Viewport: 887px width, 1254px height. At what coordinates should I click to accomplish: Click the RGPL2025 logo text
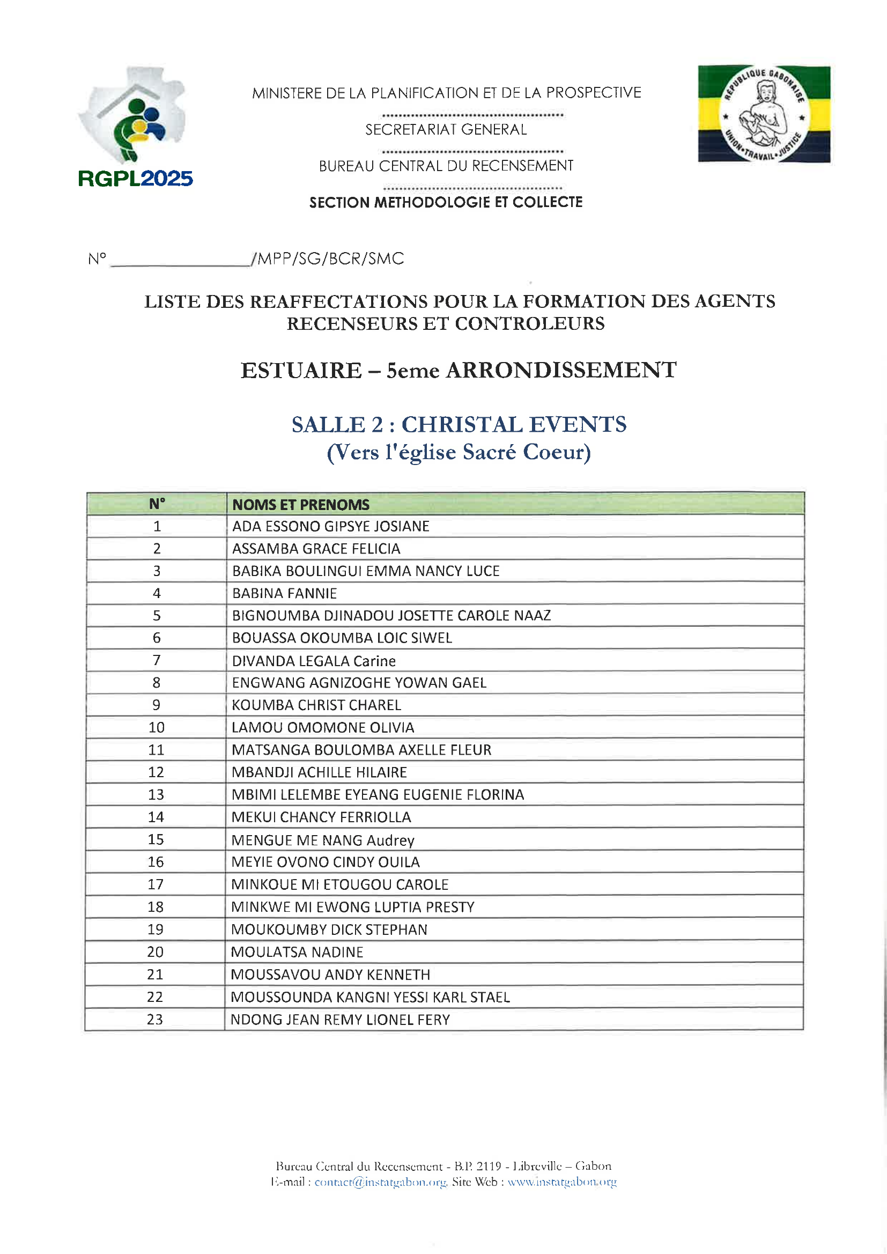(136, 179)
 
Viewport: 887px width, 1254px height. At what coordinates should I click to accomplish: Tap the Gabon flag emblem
(764, 114)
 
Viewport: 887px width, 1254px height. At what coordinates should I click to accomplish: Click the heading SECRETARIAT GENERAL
(446, 129)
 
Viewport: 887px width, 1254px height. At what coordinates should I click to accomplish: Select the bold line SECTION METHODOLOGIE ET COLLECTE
(446, 202)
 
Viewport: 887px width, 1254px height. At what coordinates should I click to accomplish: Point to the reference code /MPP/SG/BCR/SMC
(328, 259)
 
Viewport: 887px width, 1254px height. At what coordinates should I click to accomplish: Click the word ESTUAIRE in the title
(301, 370)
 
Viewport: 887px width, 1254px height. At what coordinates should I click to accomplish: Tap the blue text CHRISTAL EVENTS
(514, 424)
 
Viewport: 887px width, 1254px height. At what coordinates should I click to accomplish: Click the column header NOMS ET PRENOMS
(301, 504)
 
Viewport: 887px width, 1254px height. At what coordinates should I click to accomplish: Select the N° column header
(157, 504)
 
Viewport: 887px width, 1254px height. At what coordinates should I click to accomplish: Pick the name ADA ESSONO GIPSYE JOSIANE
(330, 526)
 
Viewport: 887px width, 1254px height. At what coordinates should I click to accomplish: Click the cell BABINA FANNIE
(285, 593)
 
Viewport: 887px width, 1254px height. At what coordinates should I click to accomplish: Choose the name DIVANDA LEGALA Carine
(314, 661)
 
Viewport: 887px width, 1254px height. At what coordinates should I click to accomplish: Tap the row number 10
(156, 727)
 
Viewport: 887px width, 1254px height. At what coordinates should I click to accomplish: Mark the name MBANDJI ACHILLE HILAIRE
(319, 772)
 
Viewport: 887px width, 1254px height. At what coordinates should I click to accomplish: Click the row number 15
(156, 839)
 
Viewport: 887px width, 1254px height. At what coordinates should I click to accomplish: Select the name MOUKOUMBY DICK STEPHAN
(329, 930)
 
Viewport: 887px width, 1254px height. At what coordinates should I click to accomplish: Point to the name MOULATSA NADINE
(297, 952)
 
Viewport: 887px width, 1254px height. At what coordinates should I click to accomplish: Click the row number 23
(154, 1019)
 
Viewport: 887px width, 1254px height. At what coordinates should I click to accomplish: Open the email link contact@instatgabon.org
(380, 1182)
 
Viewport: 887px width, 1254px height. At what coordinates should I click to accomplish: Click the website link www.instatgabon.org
(562, 1182)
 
